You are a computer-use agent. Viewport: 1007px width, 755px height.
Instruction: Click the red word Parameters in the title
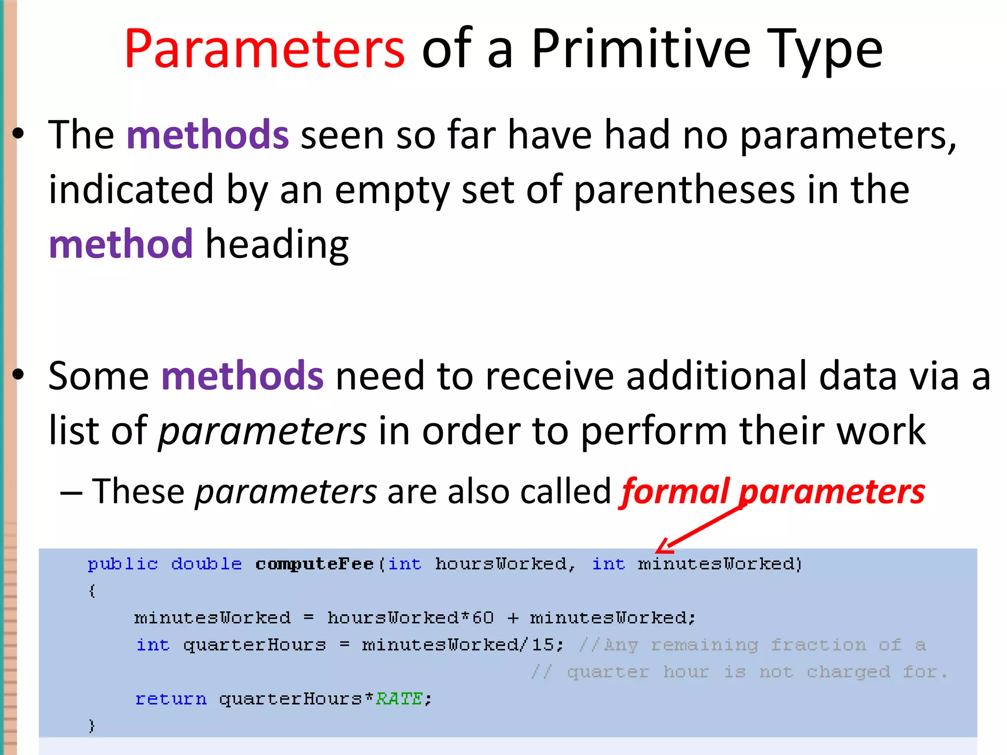click(265, 49)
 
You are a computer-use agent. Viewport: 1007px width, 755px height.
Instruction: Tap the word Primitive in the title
click(641, 49)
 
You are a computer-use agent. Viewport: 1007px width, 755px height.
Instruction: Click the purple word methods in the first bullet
click(207, 135)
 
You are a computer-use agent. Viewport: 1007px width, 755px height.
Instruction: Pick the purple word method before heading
click(121, 244)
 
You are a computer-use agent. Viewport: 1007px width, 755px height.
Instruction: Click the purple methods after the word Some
click(242, 376)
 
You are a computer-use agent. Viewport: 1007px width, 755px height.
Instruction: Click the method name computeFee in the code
click(315, 564)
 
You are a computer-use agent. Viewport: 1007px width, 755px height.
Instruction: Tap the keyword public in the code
click(123, 564)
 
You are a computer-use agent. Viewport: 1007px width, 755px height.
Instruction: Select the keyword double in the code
click(207, 564)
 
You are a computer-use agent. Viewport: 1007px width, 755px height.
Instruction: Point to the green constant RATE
click(399, 698)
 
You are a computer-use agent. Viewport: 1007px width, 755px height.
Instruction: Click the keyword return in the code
click(171, 698)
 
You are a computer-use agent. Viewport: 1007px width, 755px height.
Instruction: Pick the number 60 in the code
click(483, 618)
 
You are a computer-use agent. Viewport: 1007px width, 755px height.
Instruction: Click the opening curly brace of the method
click(91, 590)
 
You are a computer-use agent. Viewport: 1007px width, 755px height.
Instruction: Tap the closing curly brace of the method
click(91, 726)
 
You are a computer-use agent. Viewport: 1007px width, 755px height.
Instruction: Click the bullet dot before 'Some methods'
click(18, 375)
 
